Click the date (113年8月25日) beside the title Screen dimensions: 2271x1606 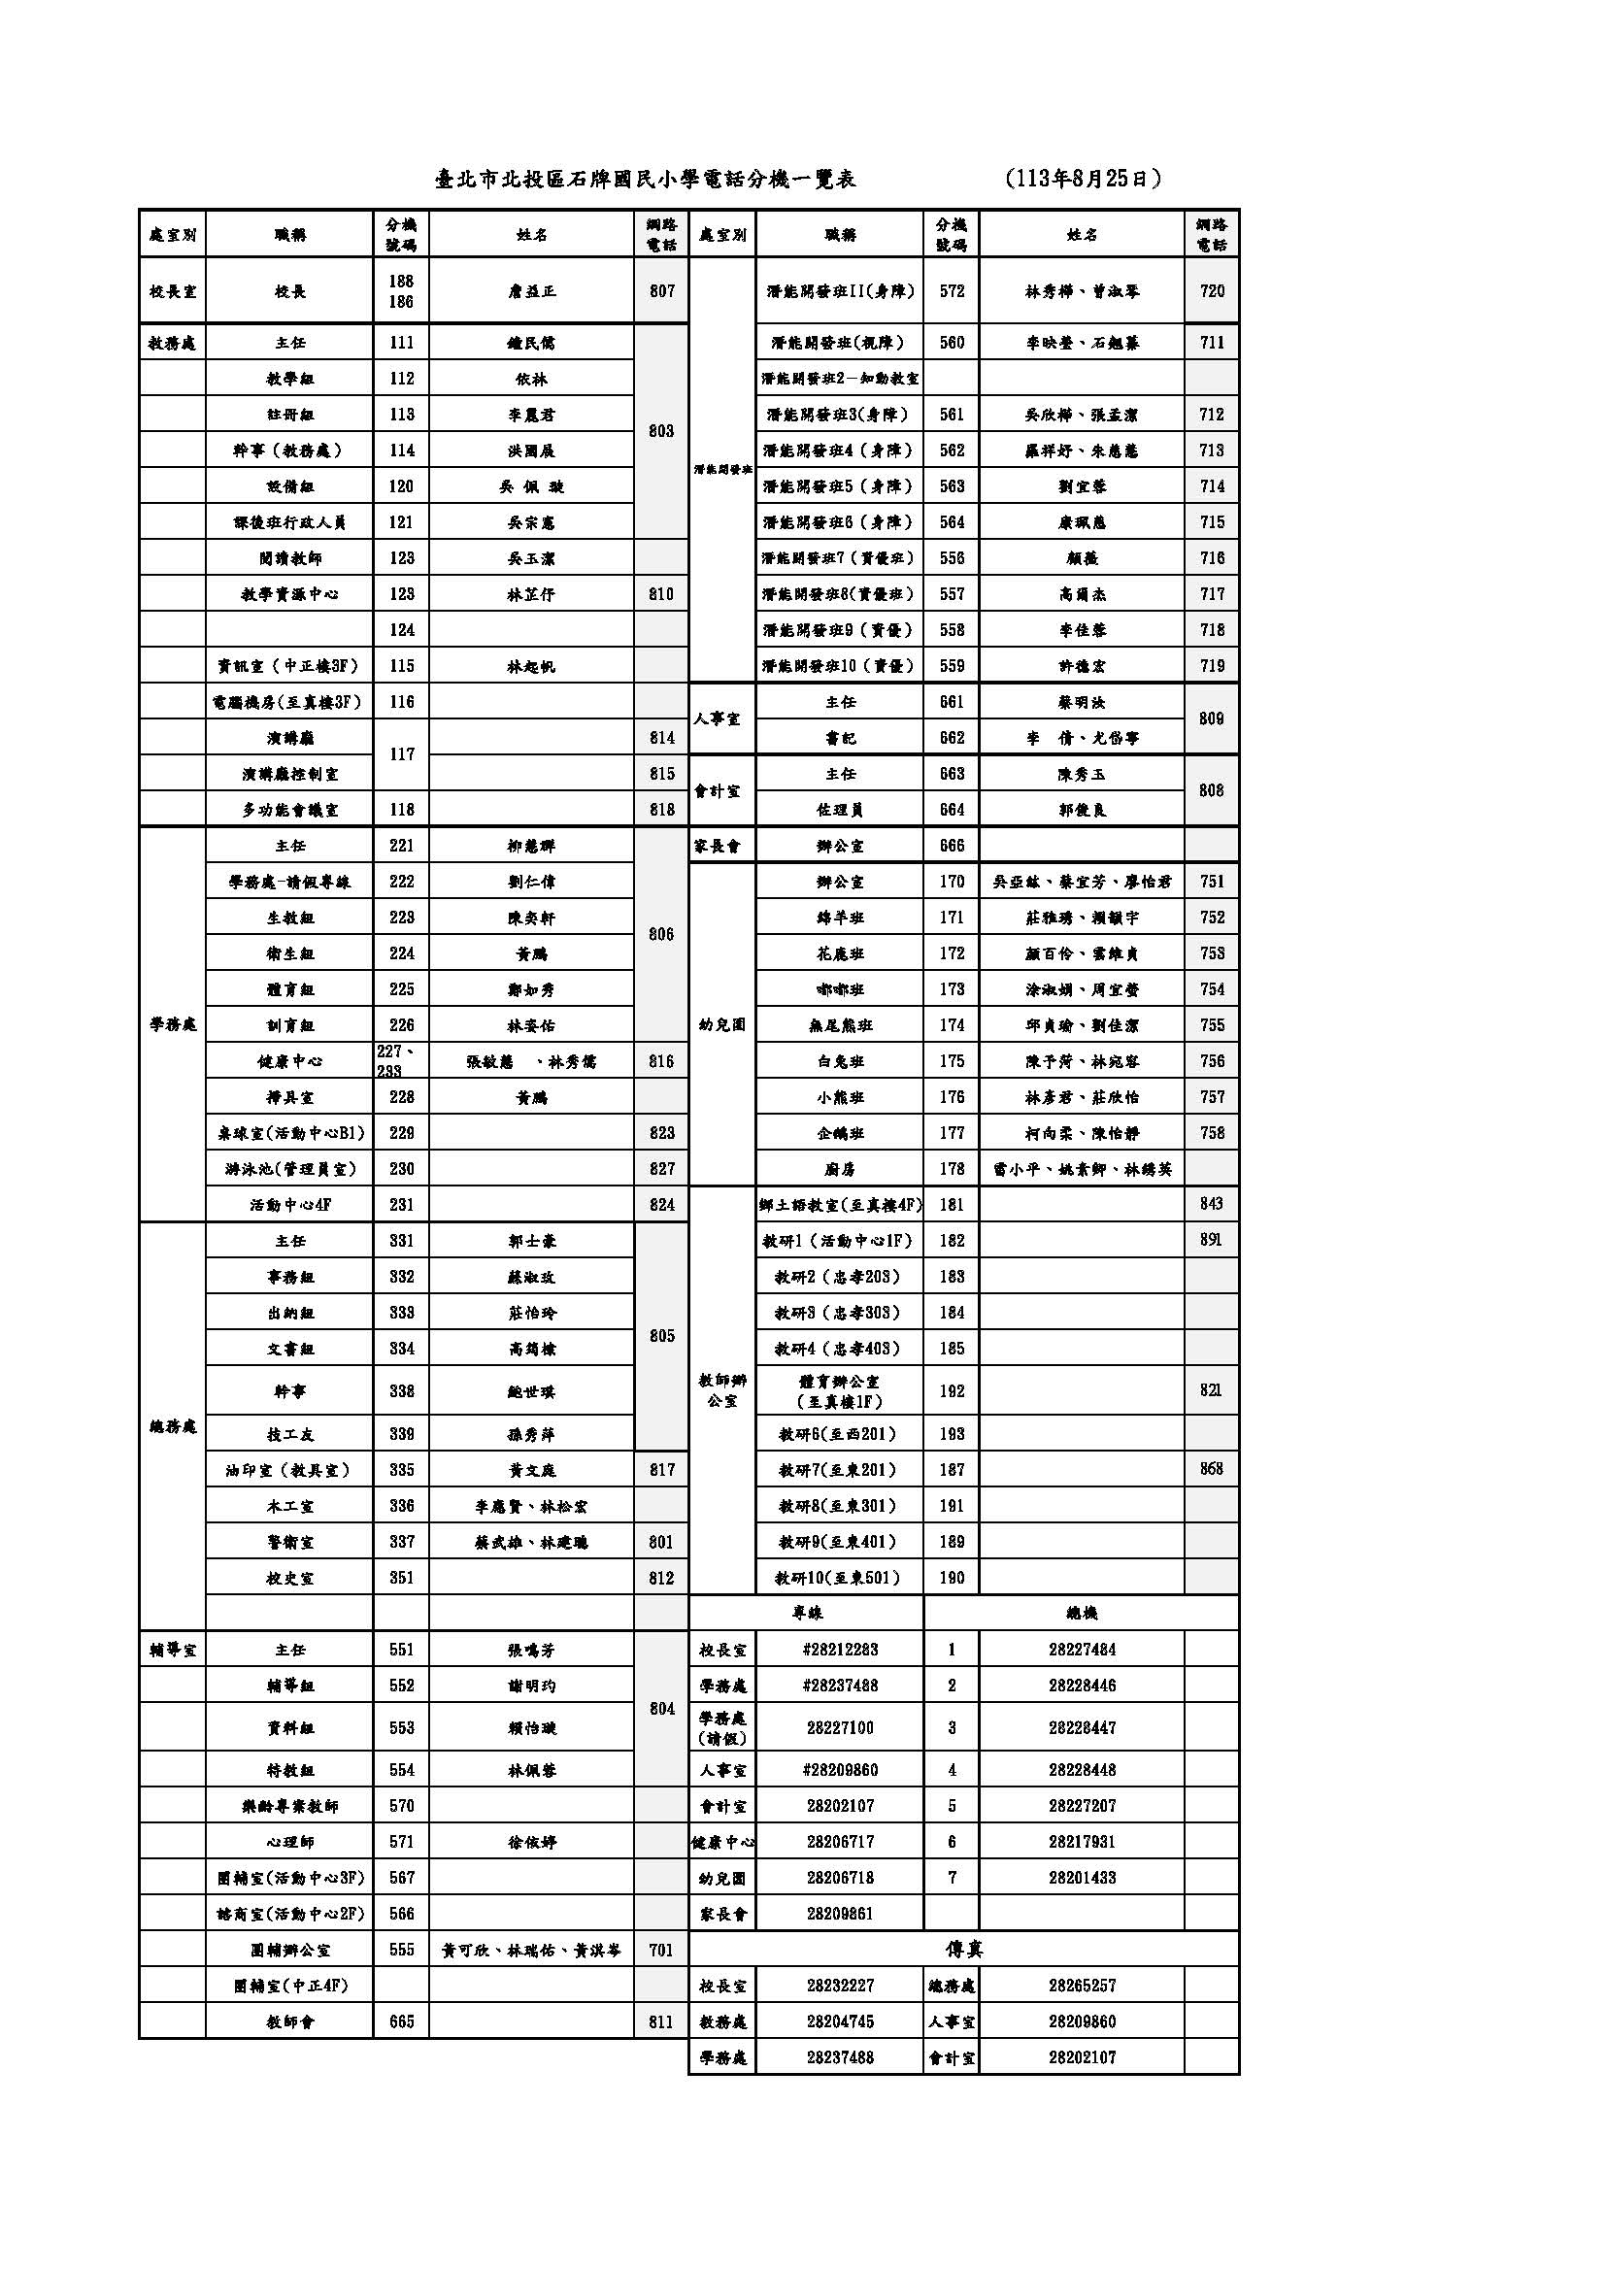(1082, 179)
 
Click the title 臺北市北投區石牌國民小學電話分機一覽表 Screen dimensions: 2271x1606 (646, 179)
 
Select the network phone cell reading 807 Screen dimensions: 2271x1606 (661, 291)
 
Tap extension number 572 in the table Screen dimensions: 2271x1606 (952, 291)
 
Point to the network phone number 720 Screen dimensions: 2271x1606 (1212, 291)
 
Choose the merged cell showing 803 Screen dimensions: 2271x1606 (661, 431)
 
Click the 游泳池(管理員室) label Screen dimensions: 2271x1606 (289, 1169)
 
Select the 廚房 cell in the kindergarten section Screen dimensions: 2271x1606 (840, 1169)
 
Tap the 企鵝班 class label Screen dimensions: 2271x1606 (840, 1132)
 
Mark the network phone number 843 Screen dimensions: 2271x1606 (1212, 1204)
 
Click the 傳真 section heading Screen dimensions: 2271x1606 (963, 1950)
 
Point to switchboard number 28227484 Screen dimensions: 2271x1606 (1082, 1650)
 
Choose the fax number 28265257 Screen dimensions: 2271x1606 (1082, 1986)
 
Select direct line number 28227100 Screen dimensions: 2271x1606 (840, 1727)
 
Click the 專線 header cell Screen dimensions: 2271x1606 (807, 1614)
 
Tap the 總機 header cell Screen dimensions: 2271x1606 (1082, 1614)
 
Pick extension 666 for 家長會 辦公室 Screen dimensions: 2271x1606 (952, 846)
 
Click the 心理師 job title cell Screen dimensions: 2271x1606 (289, 1842)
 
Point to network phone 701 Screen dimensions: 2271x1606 (661, 1950)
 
